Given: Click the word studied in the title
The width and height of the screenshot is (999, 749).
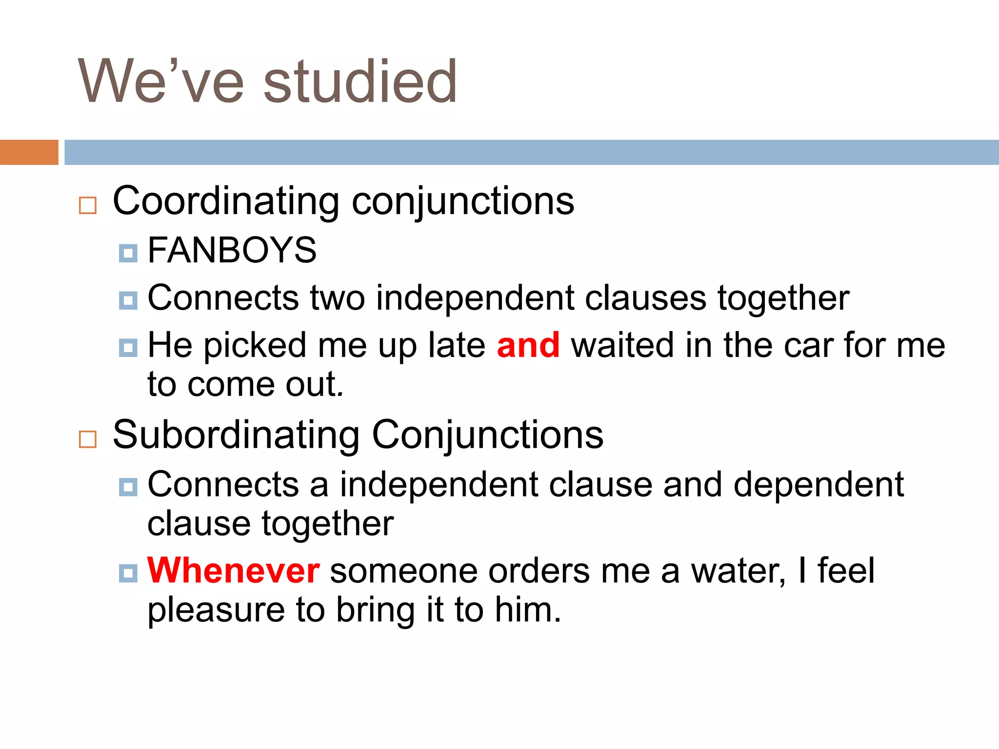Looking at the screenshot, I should pyautogui.click(x=360, y=82).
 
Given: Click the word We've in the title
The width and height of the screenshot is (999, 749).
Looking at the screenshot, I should pyautogui.click(x=160, y=82).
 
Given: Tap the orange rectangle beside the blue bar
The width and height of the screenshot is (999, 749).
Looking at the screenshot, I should pyautogui.click(x=29, y=152).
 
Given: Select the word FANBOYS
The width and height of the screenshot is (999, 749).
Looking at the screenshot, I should pyautogui.click(x=232, y=250).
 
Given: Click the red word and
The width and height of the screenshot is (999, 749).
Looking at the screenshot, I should pyautogui.click(x=528, y=345).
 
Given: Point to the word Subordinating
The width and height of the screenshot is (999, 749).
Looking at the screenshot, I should pyautogui.click(x=236, y=435).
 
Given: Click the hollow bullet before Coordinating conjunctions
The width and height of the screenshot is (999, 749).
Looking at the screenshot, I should pyautogui.click(x=88, y=205).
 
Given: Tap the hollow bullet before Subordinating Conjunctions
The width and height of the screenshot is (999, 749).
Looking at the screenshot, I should pyautogui.click(x=88, y=439).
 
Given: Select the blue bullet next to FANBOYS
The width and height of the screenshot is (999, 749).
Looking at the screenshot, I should pyautogui.click(x=128, y=253).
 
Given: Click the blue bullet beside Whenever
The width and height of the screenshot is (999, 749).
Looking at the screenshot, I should pyautogui.click(x=128, y=573).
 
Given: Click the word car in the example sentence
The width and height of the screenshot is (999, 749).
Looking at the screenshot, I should pyautogui.click(x=807, y=345).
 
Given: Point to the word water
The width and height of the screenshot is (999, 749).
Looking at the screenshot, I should pyautogui.click(x=738, y=571).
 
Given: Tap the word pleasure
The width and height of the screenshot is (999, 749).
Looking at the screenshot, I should pyautogui.click(x=216, y=611).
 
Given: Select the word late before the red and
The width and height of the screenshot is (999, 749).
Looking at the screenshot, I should pyautogui.click(x=457, y=345).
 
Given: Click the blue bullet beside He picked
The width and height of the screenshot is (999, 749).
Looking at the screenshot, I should pyautogui.click(x=128, y=348).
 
